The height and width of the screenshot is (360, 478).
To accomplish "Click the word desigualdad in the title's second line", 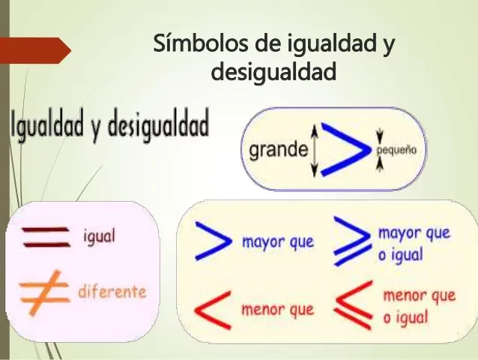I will [x=273, y=73].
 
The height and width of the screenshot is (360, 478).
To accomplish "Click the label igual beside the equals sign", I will [x=99, y=237].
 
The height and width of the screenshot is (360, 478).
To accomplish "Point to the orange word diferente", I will [x=112, y=291].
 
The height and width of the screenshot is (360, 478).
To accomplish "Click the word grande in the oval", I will [x=278, y=149].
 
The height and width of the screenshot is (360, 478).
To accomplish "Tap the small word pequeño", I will [x=396, y=150].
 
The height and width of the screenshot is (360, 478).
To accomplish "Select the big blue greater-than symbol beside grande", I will [x=344, y=149].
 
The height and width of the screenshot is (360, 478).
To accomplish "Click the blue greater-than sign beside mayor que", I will [x=211, y=240].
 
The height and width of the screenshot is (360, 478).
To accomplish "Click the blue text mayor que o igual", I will [x=414, y=243].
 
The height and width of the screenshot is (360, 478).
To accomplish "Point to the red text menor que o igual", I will [x=418, y=306].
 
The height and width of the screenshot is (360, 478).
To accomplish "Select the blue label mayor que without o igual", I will [x=277, y=242].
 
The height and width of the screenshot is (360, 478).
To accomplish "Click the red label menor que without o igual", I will [x=277, y=309].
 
